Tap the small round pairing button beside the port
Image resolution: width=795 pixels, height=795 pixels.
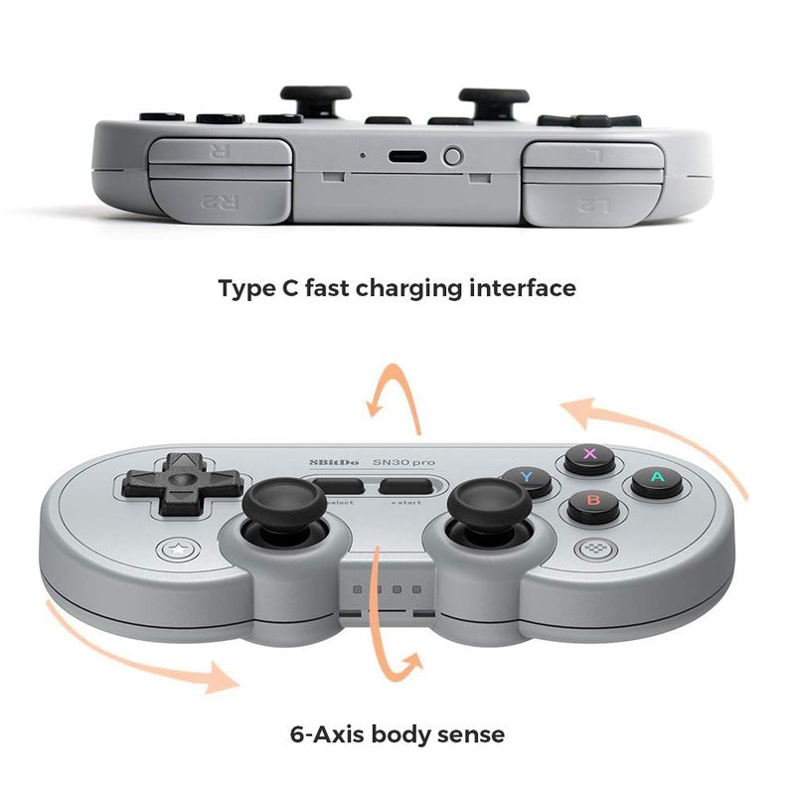(x=453, y=156)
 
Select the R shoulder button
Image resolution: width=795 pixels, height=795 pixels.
(x=221, y=152)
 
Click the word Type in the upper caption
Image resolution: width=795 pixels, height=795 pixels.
(x=245, y=289)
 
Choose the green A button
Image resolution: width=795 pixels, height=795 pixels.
(x=656, y=482)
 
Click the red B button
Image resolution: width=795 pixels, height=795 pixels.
(x=593, y=505)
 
